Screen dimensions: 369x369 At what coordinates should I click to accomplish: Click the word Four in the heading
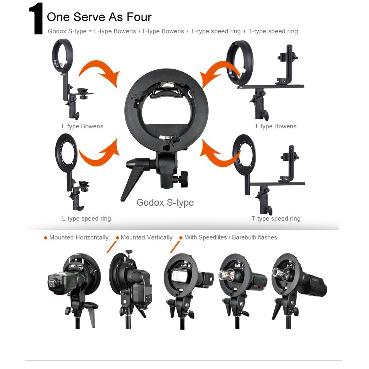139,17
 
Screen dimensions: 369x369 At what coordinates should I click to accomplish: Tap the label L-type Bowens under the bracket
82,126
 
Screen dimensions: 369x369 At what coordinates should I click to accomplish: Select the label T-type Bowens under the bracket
275,126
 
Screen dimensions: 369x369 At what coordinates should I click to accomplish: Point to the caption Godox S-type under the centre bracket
165,203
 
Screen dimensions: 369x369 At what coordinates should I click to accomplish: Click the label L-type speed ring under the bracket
86,219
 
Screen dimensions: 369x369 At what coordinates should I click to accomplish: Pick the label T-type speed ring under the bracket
276,219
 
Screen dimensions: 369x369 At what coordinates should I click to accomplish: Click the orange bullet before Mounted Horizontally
46,238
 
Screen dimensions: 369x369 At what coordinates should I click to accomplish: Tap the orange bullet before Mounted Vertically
118,238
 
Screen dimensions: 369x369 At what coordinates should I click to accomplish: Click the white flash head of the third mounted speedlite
179,275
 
